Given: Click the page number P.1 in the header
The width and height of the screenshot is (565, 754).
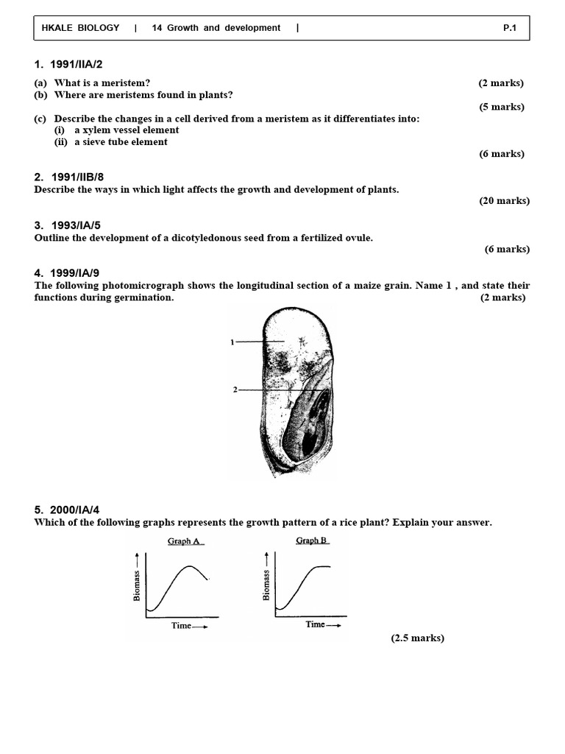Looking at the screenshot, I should coord(510,28).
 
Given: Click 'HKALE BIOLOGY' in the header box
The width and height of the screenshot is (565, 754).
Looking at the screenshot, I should coord(80,28).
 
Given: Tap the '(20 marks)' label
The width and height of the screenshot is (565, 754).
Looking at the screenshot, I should coord(504,201).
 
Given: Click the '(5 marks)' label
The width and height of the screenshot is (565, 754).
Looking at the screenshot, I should coord(502,107).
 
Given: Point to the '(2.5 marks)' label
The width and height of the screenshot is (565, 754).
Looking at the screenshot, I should coord(417,638).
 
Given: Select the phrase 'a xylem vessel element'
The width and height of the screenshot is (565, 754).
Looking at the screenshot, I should coord(126,130).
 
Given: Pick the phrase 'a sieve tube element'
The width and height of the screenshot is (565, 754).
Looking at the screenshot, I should coord(121,142).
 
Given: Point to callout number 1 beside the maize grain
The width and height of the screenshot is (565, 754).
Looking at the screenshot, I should coord(232,342).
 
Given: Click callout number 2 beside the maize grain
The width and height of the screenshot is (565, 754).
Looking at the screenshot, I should coord(235,390).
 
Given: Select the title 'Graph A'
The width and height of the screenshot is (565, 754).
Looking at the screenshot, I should coord(184,541).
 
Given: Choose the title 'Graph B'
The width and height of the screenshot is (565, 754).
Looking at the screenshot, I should coord(311,540).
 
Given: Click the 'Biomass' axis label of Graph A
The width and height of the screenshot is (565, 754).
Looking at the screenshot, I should coord(137,585).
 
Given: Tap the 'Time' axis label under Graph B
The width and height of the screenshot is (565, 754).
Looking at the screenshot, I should coord(315,624).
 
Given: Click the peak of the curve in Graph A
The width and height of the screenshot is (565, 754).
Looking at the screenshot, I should coord(191,566).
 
